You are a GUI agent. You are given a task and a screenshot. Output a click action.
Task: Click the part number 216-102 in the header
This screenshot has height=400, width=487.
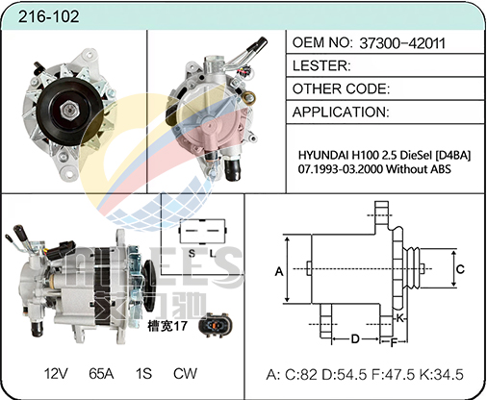[48, 16]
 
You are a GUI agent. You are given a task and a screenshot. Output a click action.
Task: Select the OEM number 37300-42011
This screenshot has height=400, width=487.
[402, 43]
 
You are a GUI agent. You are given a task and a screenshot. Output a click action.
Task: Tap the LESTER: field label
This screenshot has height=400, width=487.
[321, 65]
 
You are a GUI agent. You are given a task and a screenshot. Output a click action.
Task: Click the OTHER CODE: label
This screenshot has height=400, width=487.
[341, 88]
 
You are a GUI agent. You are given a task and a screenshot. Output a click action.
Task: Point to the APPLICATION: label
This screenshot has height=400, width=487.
[341, 112]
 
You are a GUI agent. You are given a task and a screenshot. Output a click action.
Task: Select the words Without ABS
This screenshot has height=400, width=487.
[419, 168]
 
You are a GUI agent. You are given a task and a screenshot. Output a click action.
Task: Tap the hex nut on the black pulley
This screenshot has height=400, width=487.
[70, 110]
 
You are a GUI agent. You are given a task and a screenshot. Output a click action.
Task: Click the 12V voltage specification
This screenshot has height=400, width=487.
[56, 373]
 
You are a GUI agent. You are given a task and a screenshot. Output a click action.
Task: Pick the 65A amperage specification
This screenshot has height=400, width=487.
[101, 373]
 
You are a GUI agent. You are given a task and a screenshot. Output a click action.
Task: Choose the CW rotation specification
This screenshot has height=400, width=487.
[185, 373]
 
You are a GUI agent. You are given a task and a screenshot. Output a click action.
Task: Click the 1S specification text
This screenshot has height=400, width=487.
[143, 373]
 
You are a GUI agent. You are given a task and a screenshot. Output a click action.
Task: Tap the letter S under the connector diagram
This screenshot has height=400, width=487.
[192, 254]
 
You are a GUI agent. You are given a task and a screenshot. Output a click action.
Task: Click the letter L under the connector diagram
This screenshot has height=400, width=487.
[213, 254]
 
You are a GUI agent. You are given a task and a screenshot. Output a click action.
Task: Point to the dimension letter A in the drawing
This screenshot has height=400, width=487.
[279, 271]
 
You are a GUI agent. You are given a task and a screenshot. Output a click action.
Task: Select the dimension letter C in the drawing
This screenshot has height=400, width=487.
[460, 269]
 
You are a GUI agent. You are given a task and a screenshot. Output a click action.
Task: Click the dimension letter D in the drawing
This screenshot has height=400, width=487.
[355, 338]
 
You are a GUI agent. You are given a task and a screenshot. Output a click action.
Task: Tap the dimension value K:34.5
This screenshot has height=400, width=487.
[442, 374]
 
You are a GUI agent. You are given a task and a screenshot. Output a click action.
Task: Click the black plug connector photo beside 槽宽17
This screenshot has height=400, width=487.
[214, 325]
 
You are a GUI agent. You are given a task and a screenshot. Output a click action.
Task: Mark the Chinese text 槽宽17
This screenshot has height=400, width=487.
[167, 326]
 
